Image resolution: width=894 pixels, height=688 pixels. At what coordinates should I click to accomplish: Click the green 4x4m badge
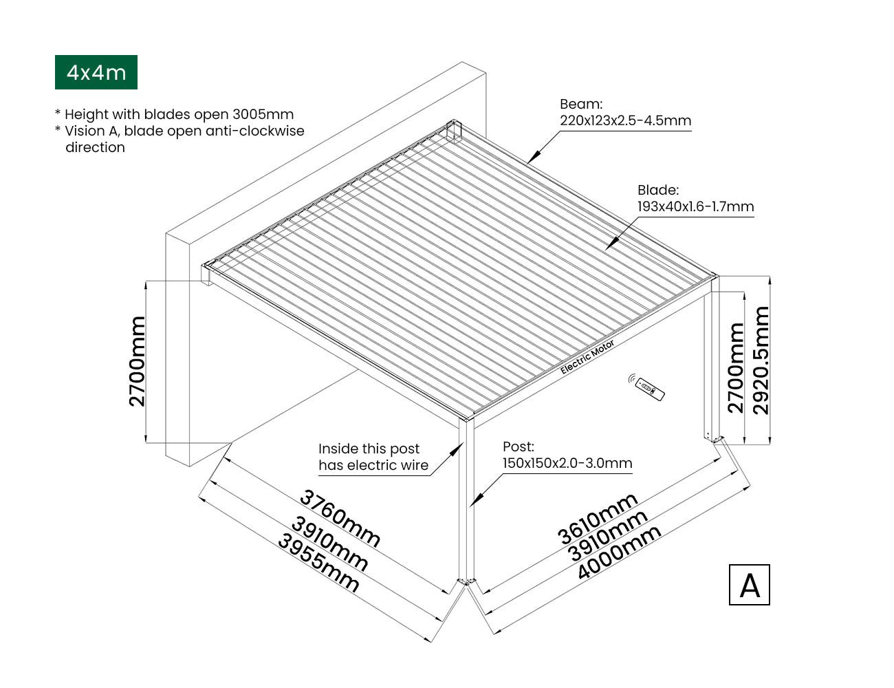96,72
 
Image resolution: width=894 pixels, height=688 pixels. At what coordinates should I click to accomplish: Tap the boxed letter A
749,585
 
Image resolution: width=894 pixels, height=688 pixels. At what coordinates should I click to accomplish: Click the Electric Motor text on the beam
587,357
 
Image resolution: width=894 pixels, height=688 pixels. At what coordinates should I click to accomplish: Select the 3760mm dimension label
340,518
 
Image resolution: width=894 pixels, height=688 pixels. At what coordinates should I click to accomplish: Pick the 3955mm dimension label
318,563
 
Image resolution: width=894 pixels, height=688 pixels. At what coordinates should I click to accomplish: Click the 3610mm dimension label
598,519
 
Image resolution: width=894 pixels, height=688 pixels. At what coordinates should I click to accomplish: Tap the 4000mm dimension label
619,552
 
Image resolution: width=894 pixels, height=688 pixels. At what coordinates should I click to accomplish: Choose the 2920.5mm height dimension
761,361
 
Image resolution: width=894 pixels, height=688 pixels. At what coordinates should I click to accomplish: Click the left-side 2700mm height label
138,361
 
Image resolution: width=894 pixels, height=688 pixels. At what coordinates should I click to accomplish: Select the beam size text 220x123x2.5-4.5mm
625,121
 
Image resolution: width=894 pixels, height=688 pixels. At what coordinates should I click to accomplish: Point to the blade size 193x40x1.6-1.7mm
695,206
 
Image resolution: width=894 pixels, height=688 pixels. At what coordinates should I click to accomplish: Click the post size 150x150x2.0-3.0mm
567,463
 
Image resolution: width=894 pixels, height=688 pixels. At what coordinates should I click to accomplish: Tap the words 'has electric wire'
373,466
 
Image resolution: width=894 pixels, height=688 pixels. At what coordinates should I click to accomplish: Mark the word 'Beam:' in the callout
581,105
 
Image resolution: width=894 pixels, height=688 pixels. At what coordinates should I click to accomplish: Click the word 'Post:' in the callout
518,447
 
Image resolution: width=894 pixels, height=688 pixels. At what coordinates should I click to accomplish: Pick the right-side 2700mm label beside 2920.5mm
736,368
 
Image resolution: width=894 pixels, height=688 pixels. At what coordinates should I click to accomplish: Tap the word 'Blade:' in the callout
658,190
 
